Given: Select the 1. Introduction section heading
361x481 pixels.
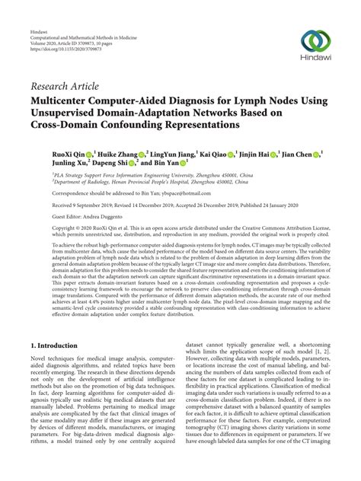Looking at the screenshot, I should (46, 345).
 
